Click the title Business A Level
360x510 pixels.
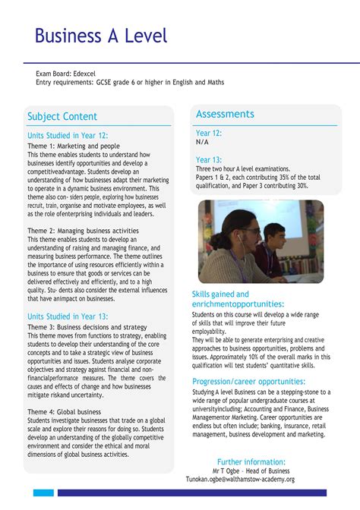pos(100,36)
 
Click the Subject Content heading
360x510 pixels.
pos(62,116)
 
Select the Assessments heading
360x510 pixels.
pos(225,114)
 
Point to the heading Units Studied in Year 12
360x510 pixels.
pos(68,135)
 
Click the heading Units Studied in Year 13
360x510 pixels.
pos(68,316)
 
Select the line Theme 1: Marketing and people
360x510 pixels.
pos(74,146)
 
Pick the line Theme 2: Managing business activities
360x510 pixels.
pos(83,231)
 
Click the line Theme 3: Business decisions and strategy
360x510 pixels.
pos(87,326)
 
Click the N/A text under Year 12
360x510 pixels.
pos(202,142)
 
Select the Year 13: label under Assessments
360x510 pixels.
pos(209,159)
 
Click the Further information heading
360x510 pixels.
pos(251,461)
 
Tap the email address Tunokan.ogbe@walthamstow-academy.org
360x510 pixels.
pos(251,480)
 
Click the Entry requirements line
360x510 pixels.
pos(130,82)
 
